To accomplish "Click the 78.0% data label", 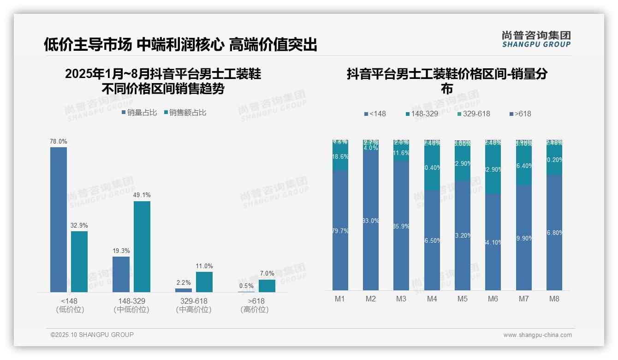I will (x=59, y=142).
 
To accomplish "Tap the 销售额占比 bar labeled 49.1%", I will (x=142, y=246).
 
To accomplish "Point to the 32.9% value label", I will (x=79, y=226).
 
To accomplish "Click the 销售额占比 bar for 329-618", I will (x=204, y=282).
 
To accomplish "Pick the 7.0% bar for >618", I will (x=267, y=286).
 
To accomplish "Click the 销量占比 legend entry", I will (x=139, y=113).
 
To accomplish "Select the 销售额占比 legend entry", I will (x=185, y=113).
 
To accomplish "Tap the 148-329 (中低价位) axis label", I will (x=131, y=305).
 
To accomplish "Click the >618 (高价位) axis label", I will (x=255, y=305).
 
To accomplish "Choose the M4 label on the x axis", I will (x=432, y=299).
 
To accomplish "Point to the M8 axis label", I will (x=554, y=299).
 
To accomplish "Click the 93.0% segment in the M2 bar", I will (x=371, y=221).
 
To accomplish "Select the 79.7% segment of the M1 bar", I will (x=340, y=230).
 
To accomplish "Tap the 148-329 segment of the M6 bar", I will (x=493, y=169).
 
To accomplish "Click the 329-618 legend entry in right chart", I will (x=474, y=114).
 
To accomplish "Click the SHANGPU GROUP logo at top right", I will (x=536, y=39).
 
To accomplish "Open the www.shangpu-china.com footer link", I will (x=537, y=335).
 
